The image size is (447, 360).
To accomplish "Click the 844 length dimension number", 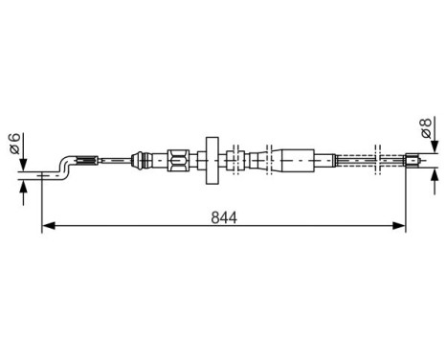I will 223,216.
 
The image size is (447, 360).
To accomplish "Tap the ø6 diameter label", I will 14,146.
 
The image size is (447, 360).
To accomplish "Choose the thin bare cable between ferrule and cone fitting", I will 115,159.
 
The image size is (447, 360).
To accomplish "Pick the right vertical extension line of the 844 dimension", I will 407,201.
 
